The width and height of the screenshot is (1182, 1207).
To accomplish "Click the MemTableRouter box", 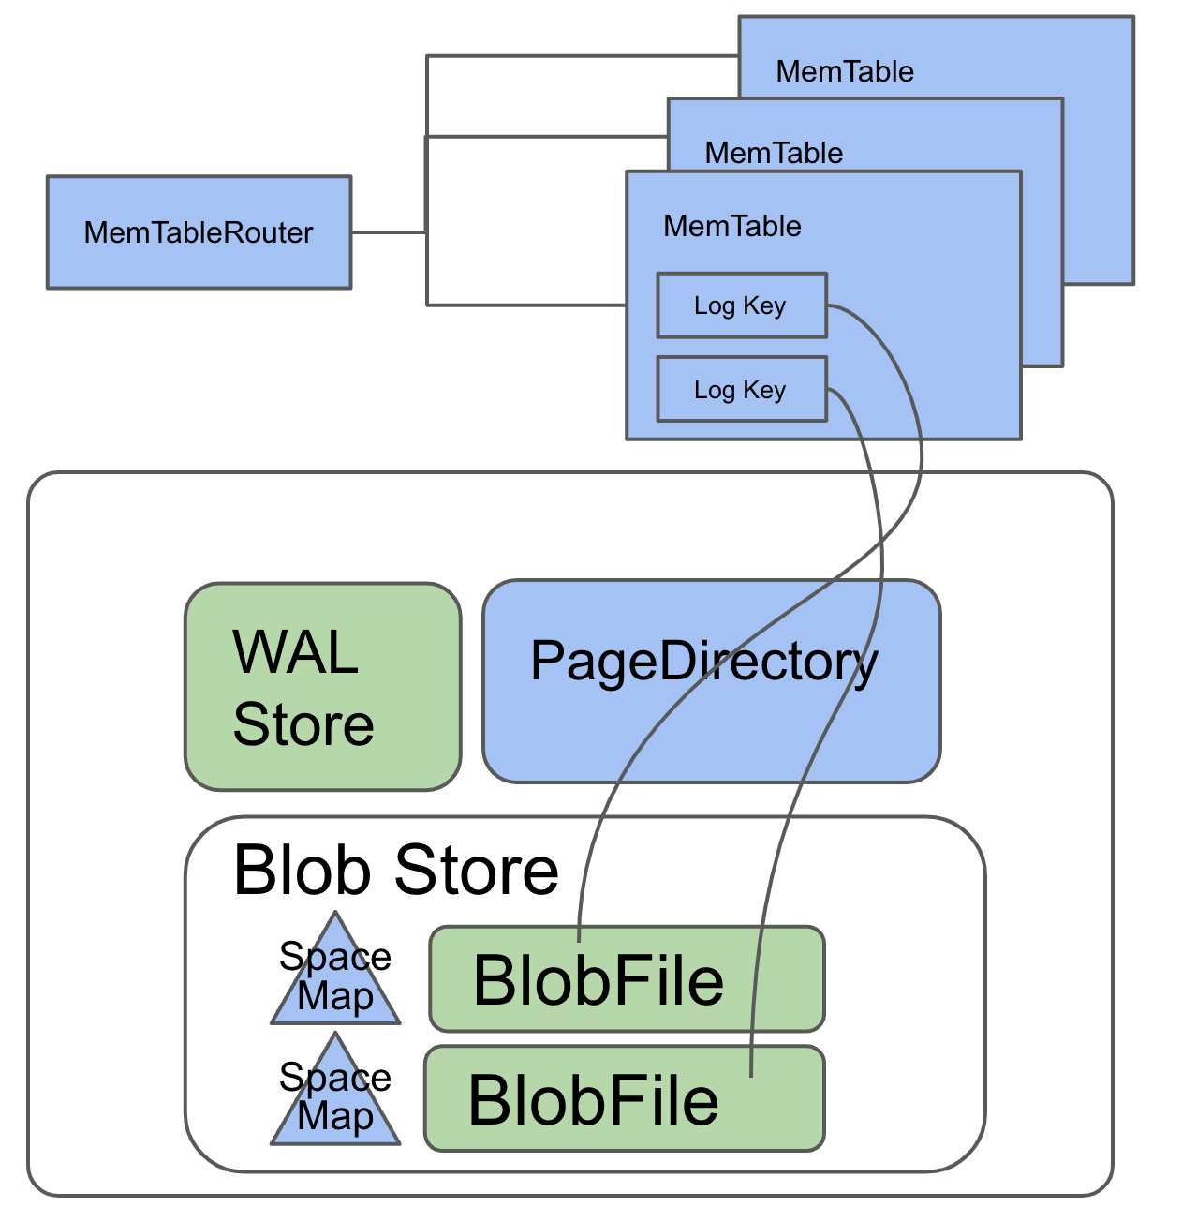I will (x=199, y=231).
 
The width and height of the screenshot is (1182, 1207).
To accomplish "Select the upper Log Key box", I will (x=741, y=305).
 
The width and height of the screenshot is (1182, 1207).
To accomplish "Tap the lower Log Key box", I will (x=741, y=389).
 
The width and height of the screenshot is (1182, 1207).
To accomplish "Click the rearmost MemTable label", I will (x=845, y=71).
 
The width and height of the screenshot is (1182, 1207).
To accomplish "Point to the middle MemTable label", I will (x=774, y=153).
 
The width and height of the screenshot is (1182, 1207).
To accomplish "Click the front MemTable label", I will (x=732, y=226).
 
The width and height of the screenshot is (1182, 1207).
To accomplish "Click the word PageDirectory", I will (x=703, y=662).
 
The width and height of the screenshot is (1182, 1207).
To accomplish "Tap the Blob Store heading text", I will (x=395, y=871).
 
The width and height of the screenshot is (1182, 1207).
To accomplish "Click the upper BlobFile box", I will (x=627, y=979).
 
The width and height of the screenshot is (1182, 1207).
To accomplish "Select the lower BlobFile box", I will (x=624, y=1098).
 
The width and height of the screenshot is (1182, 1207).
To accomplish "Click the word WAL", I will (x=295, y=652).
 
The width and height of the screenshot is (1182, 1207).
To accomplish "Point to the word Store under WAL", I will (x=303, y=724).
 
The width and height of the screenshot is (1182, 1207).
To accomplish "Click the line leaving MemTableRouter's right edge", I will (x=388, y=232).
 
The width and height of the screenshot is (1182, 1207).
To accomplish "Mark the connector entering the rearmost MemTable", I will (x=581, y=56).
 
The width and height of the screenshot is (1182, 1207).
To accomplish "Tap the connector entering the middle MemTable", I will (x=548, y=137).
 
